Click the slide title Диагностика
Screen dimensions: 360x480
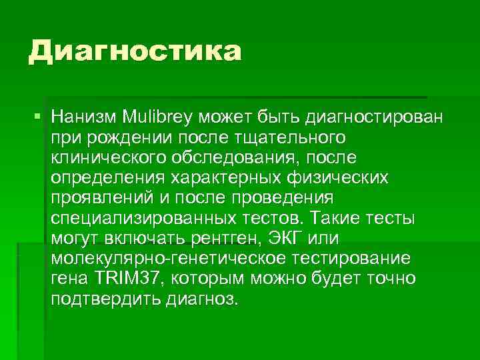(x=133, y=51)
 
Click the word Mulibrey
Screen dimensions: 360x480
(x=157, y=119)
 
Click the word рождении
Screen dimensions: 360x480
(x=114, y=139)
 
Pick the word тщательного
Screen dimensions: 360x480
(x=285, y=139)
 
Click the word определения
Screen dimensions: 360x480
(x=107, y=179)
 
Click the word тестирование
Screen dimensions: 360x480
(x=349, y=259)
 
